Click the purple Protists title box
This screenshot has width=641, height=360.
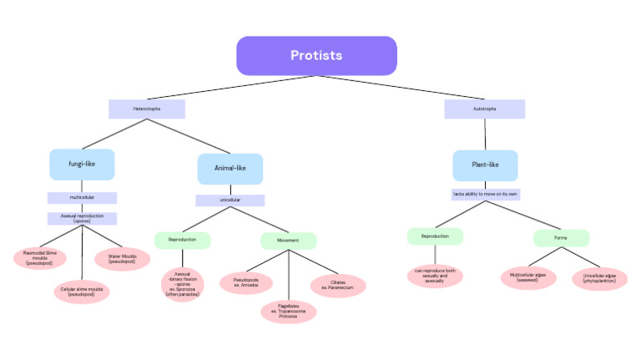pyautogui.click(x=316, y=56)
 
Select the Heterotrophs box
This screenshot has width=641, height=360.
pyautogui.click(x=147, y=109)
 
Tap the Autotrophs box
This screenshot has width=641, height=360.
pyautogui.click(x=484, y=109)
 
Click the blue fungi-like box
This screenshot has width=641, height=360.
pyautogui.click(x=82, y=165)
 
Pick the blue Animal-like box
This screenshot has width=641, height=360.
pyautogui.click(x=230, y=168)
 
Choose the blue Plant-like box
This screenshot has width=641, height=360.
pyautogui.click(x=485, y=165)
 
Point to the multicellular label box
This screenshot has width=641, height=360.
pyautogui.click(x=82, y=198)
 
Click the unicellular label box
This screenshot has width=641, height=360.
pyautogui.click(x=230, y=200)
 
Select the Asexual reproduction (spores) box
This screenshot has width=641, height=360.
pyautogui.click(x=82, y=219)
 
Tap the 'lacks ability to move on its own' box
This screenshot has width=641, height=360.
pyautogui.click(x=485, y=194)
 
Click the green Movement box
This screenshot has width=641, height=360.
pyautogui.click(x=288, y=241)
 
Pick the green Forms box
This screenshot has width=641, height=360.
pyautogui.click(x=561, y=238)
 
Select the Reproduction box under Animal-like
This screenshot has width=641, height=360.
pyautogui.click(x=182, y=240)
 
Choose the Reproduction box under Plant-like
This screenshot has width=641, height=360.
pyautogui.click(x=435, y=236)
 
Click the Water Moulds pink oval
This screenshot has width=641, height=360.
pyautogui.click(x=123, y=259)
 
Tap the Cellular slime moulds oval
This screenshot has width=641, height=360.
pyautogui.click(x=82, y=292)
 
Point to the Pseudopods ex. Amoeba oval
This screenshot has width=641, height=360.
pyautogui.click(x=246, y=283)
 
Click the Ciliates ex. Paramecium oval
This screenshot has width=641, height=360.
pyautogui.click(x=337, y=285)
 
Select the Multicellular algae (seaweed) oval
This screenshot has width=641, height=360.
pyautogui.click(x=527, y=277)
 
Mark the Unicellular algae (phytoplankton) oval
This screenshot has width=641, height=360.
pyautogui.click(x=598, y=278)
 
